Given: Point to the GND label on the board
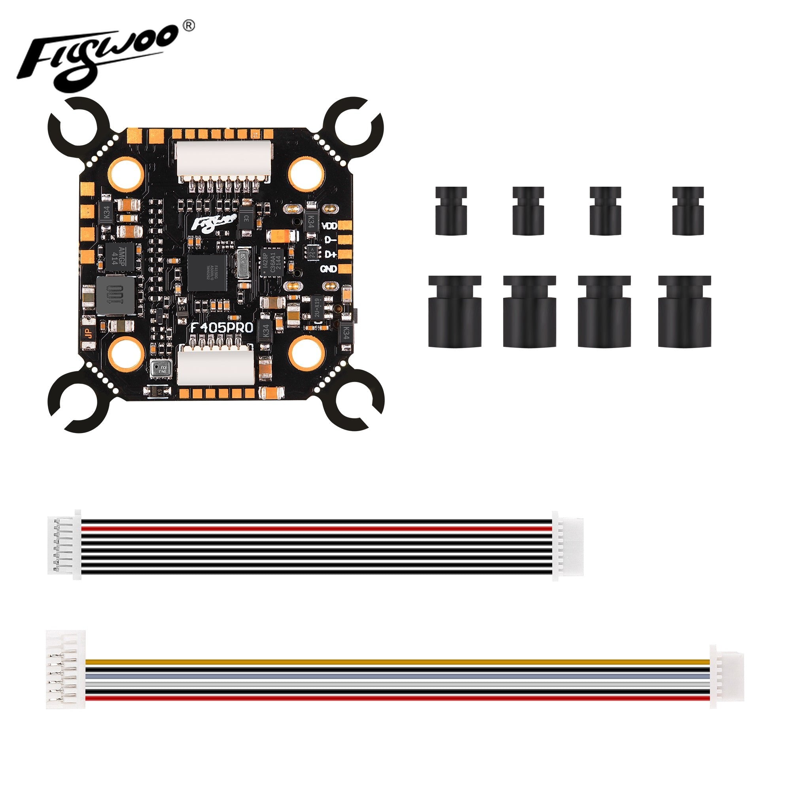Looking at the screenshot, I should tap(328, 269).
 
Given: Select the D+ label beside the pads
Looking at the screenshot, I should tap(329, 254).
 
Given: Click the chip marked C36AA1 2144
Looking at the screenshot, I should tap(271, 263).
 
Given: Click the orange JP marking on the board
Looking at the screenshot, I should tap(88, 333).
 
